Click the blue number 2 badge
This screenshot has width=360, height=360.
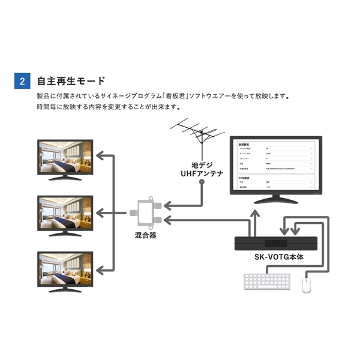point(22,81)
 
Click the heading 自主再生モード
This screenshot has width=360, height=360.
point(71,81)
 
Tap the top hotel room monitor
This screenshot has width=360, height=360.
point(65,157)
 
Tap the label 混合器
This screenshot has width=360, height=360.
point(145,236)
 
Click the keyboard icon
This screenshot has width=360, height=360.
point(266,282)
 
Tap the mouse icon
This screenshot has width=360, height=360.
point(307,283)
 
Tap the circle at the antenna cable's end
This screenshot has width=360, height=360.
point(202,181)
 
